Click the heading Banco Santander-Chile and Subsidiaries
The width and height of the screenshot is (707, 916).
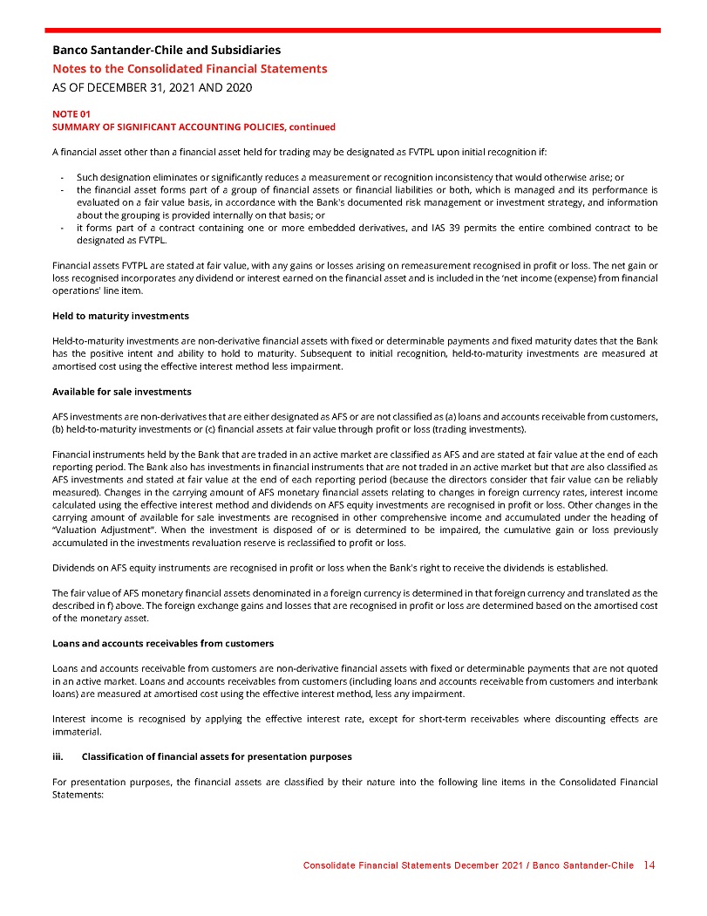[x=167, y=50]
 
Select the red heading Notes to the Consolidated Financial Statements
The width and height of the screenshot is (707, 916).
[x=190, y=69]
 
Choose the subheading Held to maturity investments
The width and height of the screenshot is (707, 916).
[x=120, y=315]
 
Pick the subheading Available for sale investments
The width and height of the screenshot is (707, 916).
[x=122, y=391]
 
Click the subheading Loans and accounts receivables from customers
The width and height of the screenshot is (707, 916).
[x=163, y=643]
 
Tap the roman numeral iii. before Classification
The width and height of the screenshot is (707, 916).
[x=59, y=755]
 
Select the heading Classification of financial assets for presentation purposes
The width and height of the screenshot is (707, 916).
[x=222, y=755]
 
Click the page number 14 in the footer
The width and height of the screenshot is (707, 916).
[x=649, y=865]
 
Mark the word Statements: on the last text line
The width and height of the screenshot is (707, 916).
[x=78, y=795]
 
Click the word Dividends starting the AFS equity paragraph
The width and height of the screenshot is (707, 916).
[x=75, y=568]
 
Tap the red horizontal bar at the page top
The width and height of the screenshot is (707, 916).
[x=353, y=30]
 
